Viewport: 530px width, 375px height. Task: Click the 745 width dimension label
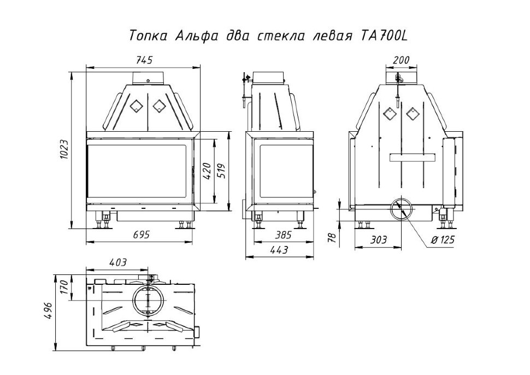tap(143, 61)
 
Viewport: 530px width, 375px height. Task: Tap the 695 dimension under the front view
tap(140, 234)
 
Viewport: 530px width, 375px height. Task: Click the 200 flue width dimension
tap(401, 61)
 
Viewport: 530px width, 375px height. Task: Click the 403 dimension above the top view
tap(117, 262)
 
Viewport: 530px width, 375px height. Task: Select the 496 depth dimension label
tap(49, 312)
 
